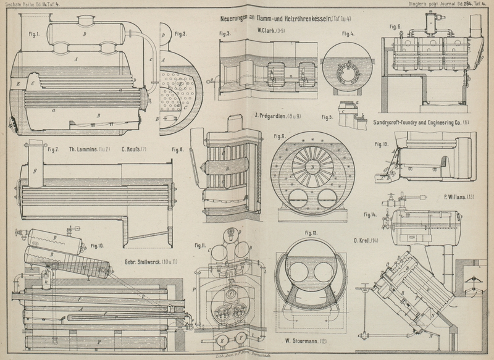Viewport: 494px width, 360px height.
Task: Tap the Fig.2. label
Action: coord(180,32)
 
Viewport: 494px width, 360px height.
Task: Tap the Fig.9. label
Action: coord(279,136)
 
